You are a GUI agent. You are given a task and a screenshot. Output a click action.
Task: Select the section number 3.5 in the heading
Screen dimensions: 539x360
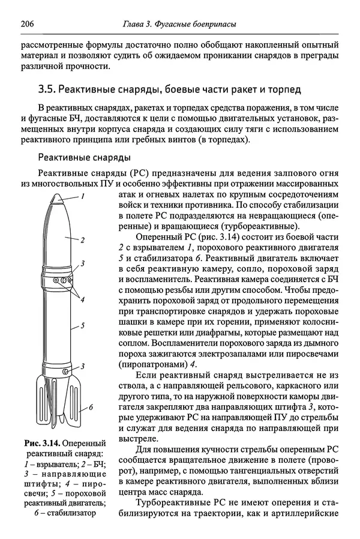pos(47,89)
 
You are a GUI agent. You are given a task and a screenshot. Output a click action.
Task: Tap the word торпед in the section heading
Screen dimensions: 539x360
pos(284,89)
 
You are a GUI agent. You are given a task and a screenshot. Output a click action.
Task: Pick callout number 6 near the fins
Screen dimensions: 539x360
pos(91,407)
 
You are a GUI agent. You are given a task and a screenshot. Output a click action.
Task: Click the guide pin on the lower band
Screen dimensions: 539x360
pos(55,373)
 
